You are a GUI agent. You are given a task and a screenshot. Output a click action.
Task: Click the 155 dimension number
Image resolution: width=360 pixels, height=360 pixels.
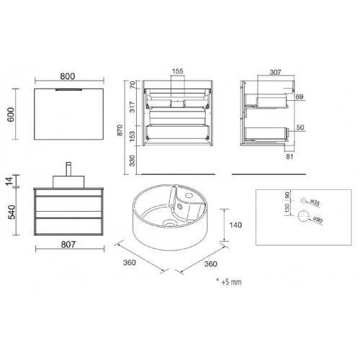(178, 72)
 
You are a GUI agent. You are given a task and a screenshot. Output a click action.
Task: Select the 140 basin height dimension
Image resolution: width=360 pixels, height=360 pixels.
(235, 225)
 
